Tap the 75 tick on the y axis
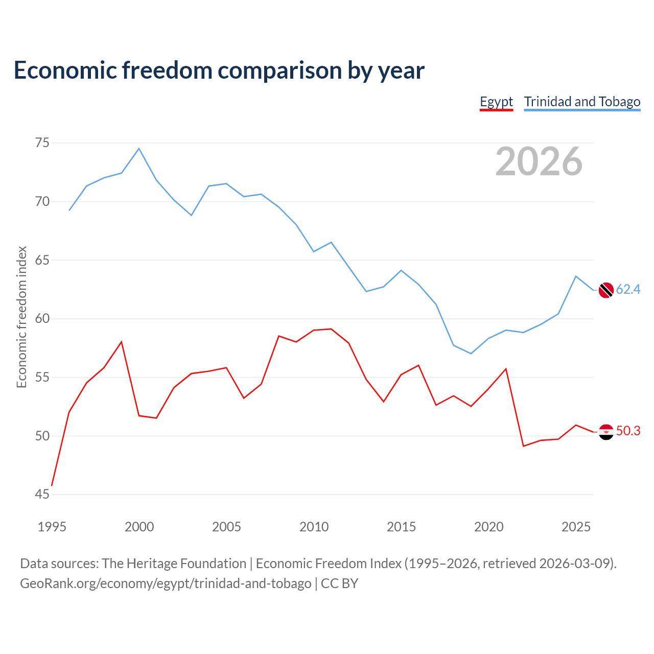[42, 143]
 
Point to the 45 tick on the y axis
[42, 494]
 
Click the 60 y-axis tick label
[42, 318]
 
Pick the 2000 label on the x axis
[139, 527]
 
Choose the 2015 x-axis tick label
[401, 527]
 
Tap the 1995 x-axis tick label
[52, 527]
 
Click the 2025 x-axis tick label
[576, 527]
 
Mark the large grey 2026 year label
[539, 161]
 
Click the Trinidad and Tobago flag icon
[606, 290]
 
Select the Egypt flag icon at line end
[606, 432]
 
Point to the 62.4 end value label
[628, 289]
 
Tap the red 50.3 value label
[628, 431]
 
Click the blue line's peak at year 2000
[139, 148]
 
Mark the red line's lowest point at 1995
[52, 485]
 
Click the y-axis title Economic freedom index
[22, 317]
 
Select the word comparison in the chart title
[279, 71]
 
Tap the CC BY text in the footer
[339, 583]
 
